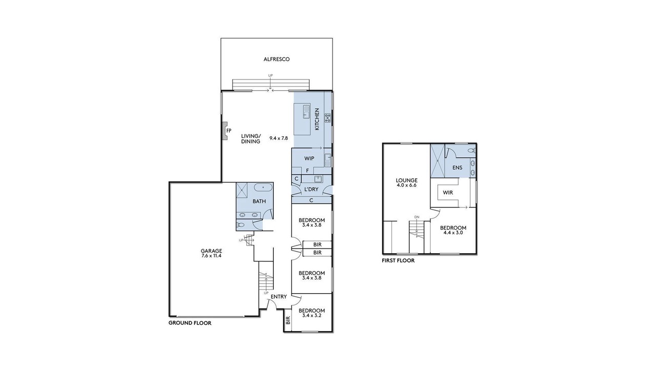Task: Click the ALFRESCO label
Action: click(276, 59)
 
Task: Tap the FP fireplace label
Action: click(229, 131)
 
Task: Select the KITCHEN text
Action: click(317, 119)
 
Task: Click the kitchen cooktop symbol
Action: click(327, 118)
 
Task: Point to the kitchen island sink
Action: click(306, 111)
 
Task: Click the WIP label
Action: click(309, 158)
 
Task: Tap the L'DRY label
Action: click(311, 190)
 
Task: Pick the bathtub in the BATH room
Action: click(263, 187)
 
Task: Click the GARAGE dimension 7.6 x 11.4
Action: click(211, 256)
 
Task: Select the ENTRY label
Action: click(278, 297)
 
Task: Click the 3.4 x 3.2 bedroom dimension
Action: click(312, 315)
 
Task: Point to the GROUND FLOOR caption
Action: click(190, 323)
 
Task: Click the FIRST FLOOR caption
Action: click(398, 260)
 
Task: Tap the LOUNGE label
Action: click(406, 180)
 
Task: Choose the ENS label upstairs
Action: click(457, 168)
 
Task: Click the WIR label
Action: click(448, 193)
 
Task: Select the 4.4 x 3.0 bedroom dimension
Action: click(453, 233)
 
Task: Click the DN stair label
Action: click(417, 217)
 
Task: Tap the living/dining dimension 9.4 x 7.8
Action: click(279, 138)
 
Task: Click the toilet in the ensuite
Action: click(471, 151)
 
